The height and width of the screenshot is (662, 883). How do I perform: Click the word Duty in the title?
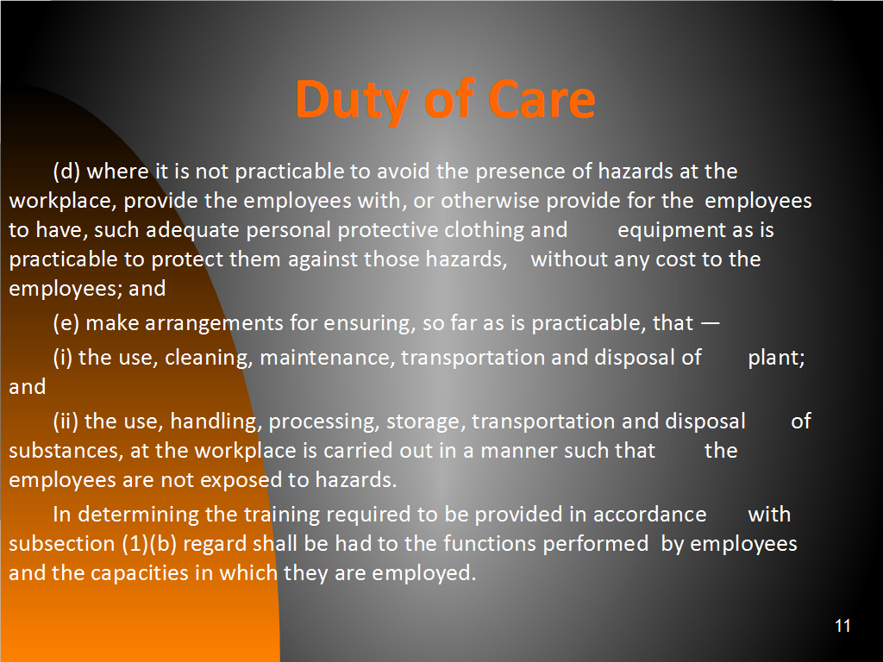click(351, 100)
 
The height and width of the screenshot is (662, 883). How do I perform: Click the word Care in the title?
click(542, 100)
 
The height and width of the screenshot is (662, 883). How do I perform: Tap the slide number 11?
click(842, 626)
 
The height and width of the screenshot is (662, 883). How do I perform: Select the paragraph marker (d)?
click(66, 172)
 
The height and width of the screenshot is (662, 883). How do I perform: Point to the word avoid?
click(403, 172)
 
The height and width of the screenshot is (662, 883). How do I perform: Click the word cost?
click(673, 259)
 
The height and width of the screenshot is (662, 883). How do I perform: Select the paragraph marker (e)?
click(66, 323)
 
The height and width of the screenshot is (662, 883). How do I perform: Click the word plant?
click(776, 358)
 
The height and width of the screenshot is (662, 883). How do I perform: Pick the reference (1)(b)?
click(149, 544)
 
